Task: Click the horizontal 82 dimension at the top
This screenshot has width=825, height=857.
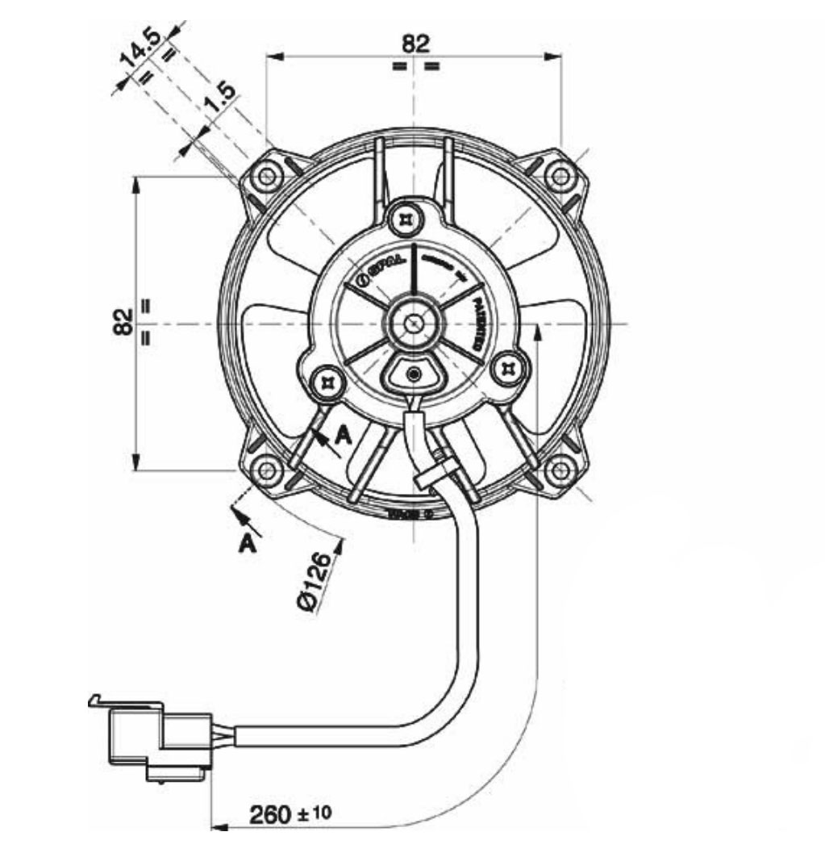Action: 416,44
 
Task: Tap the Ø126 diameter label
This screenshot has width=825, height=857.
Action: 320,582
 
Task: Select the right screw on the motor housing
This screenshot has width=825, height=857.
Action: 509,369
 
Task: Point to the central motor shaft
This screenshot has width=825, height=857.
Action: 414,322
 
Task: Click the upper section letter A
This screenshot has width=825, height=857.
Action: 344,436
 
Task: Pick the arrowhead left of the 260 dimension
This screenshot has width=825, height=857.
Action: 219,827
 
